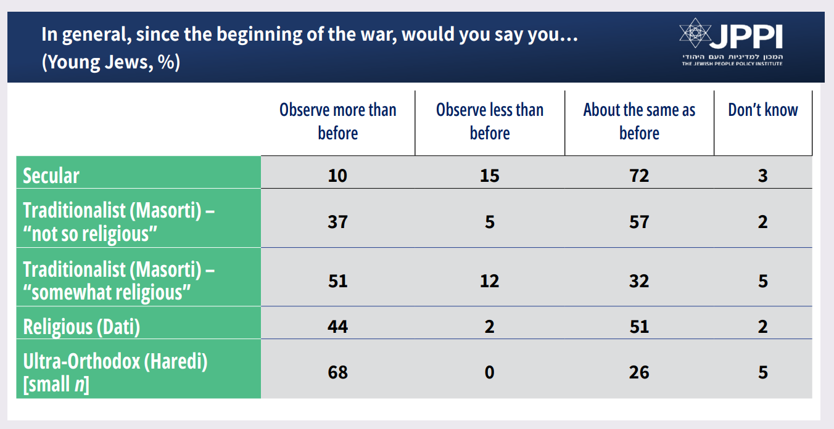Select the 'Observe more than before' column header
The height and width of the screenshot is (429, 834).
337,121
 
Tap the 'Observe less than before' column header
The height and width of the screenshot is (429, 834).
490,121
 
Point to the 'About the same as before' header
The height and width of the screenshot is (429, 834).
639,121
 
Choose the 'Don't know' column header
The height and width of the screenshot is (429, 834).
763,110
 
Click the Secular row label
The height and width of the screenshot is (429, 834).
51,176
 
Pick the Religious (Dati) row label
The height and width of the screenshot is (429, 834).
81,326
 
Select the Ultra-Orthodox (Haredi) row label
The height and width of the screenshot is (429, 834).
115,372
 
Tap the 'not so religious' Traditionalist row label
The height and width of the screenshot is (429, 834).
118,221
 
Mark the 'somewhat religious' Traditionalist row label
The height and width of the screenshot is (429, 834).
118,280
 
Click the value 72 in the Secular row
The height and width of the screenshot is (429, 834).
639,176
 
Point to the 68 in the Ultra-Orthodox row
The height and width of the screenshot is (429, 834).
337,373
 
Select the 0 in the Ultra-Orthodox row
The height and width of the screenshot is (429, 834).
490,373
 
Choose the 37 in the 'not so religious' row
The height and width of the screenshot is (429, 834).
337,221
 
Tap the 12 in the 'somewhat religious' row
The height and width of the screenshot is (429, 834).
490,281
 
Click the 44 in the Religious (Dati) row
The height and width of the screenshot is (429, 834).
337,326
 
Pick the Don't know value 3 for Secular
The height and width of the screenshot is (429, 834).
763,176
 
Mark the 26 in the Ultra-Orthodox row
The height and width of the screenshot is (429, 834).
639,373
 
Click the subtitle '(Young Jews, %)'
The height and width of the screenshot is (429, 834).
111,63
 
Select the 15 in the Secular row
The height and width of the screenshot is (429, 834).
490,176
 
